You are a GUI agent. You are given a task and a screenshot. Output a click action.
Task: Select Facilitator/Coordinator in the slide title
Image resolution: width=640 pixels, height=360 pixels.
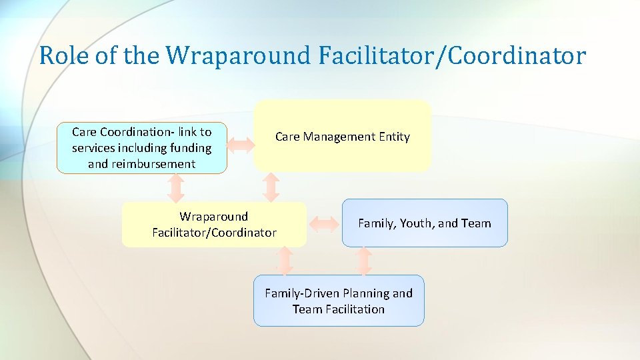point(452,56)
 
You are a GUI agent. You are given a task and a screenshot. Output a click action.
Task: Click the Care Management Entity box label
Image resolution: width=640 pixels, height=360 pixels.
point(342,137)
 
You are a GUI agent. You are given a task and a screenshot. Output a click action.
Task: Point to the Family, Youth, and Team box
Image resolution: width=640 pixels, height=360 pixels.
point(425,223)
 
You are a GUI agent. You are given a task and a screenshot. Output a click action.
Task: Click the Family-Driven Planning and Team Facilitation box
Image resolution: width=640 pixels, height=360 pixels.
point(339,301)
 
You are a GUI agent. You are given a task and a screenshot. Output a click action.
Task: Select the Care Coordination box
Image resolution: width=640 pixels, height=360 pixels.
point(141,148)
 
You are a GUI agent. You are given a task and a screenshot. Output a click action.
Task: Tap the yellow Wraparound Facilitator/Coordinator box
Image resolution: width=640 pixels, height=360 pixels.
point(214,225)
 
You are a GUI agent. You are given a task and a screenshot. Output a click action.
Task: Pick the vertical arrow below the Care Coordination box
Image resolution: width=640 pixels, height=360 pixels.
point(176,188)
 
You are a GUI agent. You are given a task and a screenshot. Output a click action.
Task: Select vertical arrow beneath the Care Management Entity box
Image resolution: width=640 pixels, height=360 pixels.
point(271,187)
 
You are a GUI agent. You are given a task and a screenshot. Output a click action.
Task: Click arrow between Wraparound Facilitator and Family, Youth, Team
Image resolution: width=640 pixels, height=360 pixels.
point(325,224)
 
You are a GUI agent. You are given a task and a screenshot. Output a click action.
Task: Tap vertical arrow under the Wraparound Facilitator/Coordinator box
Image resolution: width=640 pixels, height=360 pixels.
point(285,261)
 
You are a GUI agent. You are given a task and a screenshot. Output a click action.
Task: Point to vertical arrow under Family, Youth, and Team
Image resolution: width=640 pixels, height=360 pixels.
point(363,261)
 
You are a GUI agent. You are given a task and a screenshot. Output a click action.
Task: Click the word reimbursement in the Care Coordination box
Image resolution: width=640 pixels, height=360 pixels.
point(141,164)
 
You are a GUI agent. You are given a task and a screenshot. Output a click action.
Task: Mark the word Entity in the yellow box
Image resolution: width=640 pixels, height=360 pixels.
point(394,137)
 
